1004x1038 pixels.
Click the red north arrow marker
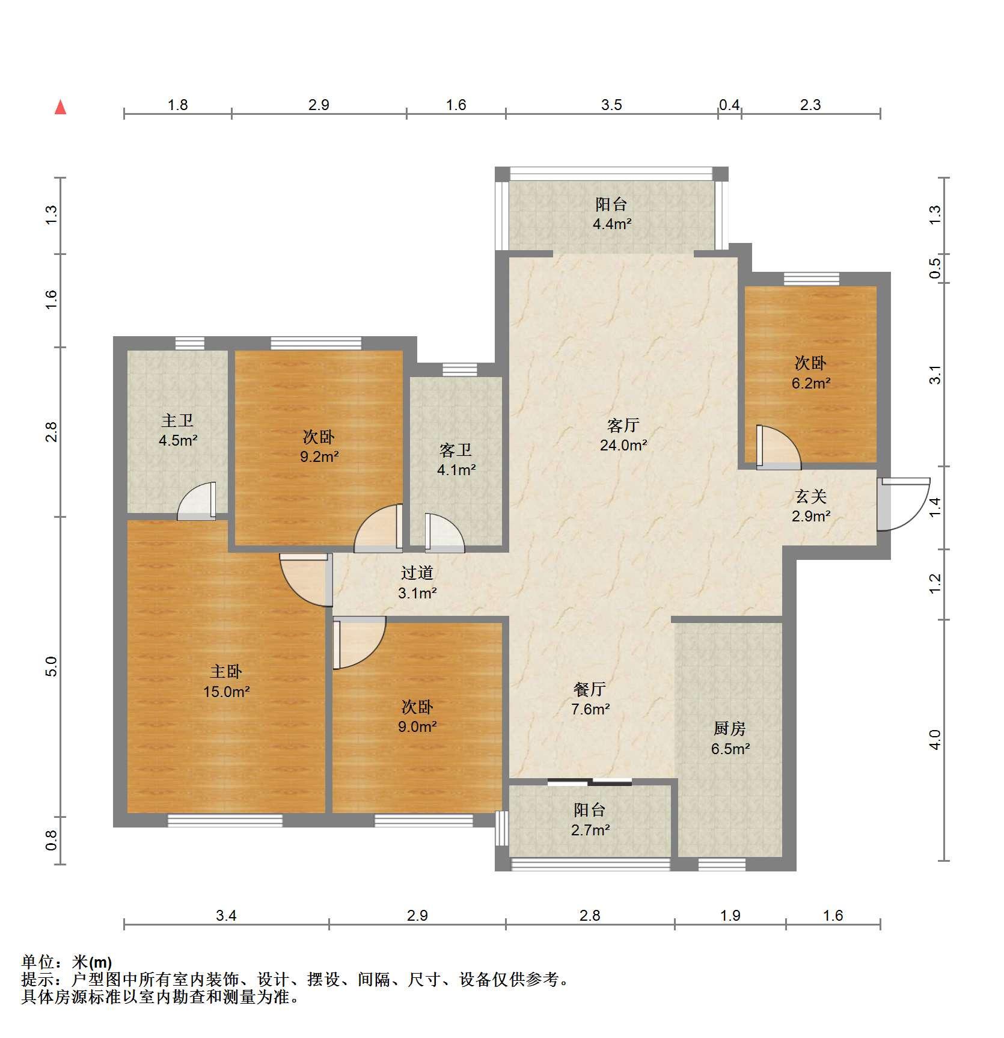(60, 107)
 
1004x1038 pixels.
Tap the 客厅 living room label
(623, 426)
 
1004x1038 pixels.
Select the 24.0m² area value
(623, 446)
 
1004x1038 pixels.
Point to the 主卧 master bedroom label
(225, 671)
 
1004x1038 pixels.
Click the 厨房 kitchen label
(730, 729)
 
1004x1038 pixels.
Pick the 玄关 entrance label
(811, 496)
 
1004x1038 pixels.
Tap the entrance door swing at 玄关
(904, 504)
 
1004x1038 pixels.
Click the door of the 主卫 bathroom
(197, 501)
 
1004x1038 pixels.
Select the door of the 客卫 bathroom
(445, 533)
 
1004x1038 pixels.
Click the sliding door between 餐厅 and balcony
(590, 782)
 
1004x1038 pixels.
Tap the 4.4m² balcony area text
(612, 224)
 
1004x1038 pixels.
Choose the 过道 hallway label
(417, 573)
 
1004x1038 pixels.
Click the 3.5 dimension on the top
(611, 105)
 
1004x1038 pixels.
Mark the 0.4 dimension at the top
(729, 105)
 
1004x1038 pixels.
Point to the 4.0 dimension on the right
(934, 740)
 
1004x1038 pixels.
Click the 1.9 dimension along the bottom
(730, 915)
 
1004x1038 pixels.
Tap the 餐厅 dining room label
(590, 689)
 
